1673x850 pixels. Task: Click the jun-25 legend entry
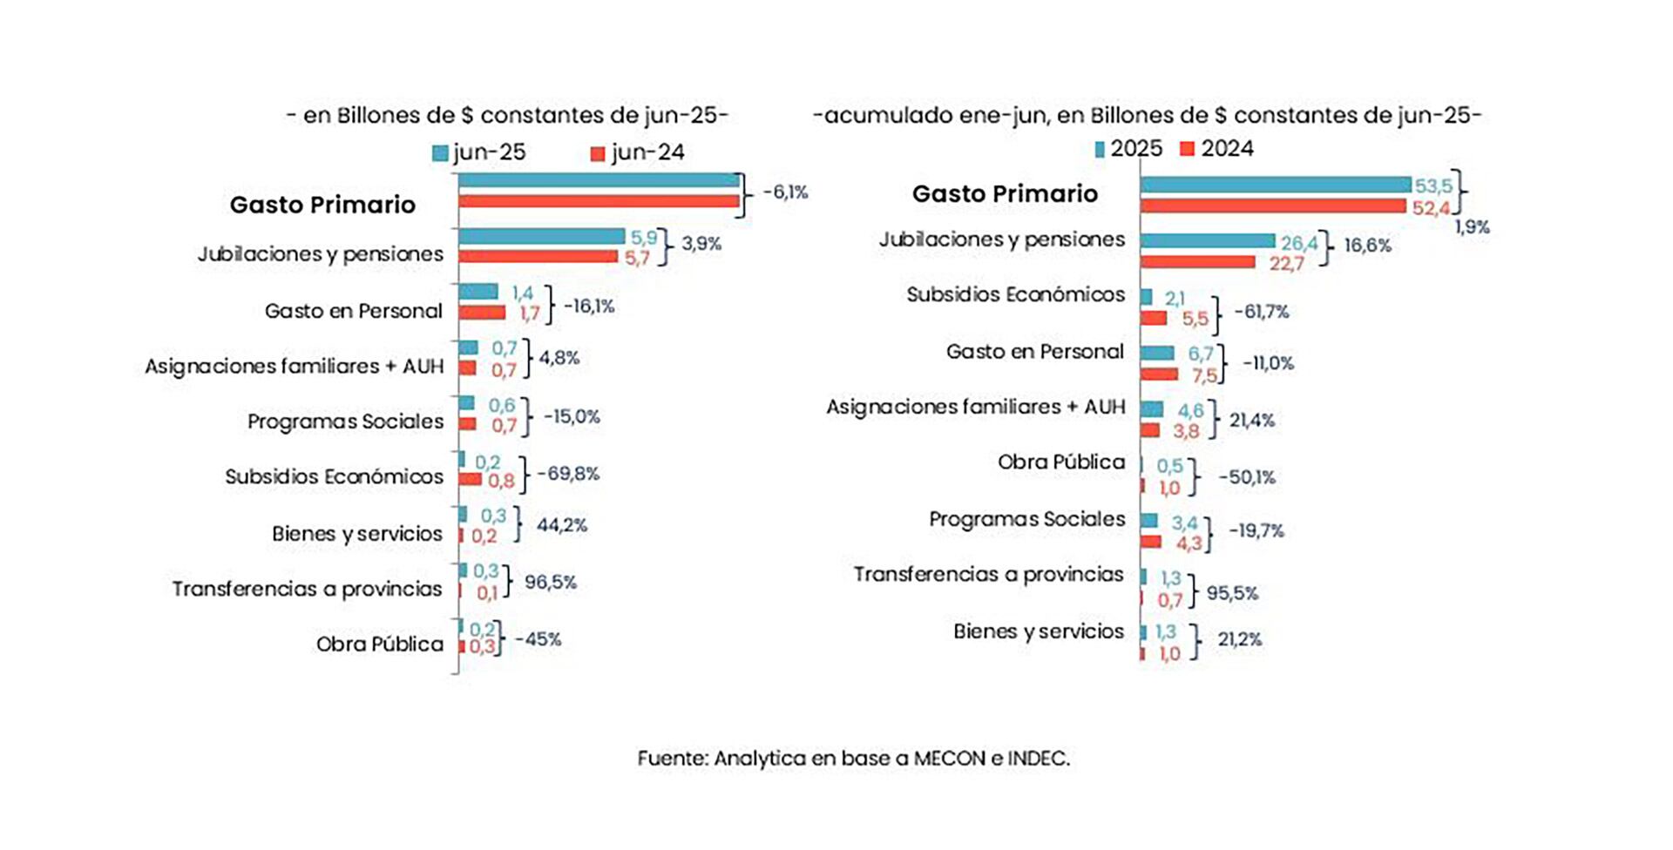click(x=480, y=152)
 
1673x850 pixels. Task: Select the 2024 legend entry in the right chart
click(x=1217, y=149)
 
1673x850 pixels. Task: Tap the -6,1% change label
click(x=785, y=192)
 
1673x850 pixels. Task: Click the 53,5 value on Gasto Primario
click(x=1433, y=186)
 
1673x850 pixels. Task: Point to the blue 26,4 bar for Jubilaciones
click(x=1207, y=240)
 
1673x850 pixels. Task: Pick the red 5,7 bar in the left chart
click(x=538, y=257)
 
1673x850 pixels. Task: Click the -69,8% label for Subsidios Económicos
click(x=568, y=474)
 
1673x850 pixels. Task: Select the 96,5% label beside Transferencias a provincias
click(x=550, y=582)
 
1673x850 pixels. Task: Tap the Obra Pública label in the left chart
click(x=379, y=644)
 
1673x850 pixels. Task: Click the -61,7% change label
click(x=1261, y=312)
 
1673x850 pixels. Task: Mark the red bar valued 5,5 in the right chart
click(x=1154, y=319)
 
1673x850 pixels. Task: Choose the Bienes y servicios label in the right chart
click(x=1038, y=631)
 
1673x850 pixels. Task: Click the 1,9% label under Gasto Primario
click(x=1472, y=227)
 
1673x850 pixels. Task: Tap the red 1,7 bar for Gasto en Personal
click(x=482, y=313)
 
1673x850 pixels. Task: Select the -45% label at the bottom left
click(x=538, y=639)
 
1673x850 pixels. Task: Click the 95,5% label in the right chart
click(x=1232, y=593)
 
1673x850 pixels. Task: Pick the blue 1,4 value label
click(x=522, y=293)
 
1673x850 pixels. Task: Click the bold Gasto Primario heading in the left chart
click(x=322, y=205)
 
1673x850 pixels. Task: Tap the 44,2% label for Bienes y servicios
click(x=561, y=525)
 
